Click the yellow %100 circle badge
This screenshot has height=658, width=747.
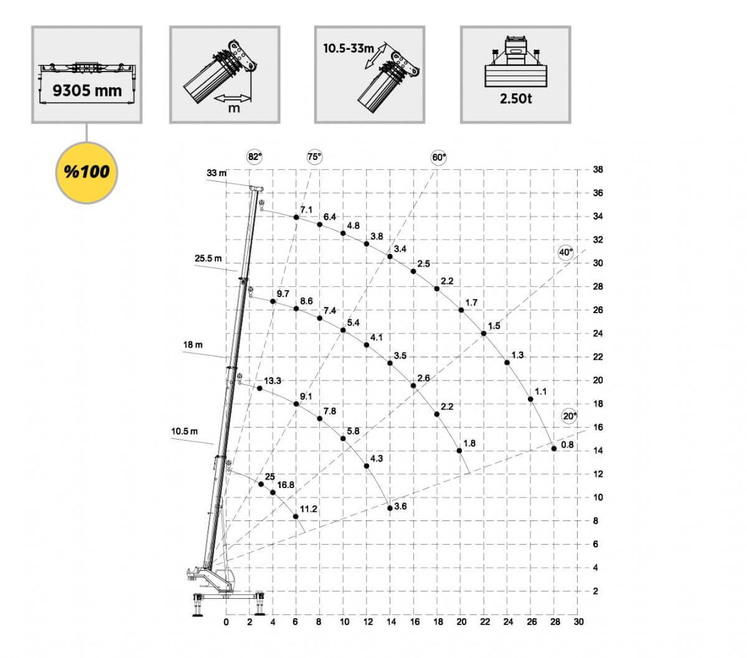coord(87,172)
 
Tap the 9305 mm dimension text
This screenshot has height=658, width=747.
coord(87,91)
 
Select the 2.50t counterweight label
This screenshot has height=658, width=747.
coord(516,98)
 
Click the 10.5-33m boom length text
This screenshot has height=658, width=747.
coord(349,49)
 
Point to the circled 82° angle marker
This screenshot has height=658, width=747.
coord(255,157)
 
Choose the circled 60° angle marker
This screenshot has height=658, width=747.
coord(439,157)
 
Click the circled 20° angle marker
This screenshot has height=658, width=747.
coord(570,416)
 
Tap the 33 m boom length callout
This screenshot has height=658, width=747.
coord(217,172)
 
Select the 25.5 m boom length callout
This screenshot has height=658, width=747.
coord(208,258)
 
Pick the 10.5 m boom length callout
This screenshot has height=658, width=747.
coord(184,431)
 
